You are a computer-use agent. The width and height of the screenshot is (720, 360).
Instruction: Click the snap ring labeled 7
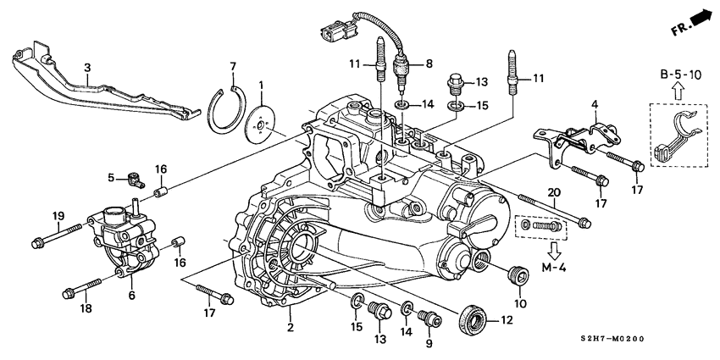(x=222, y=109)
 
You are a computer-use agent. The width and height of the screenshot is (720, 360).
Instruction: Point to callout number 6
(x=131, y=295)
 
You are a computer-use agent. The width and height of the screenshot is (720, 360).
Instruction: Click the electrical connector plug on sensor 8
(x=333, y=36)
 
